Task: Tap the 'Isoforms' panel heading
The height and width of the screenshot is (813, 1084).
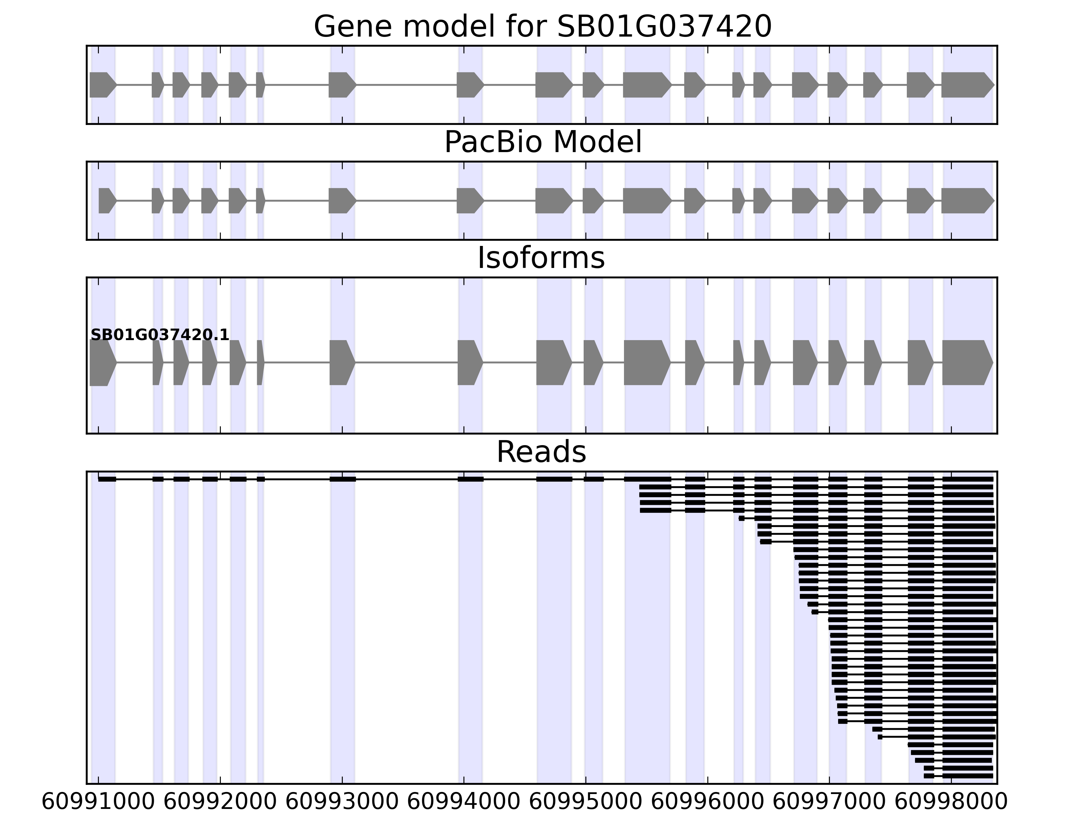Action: pyautogui.click(x=541, y=258)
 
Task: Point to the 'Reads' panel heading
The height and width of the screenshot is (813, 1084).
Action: pyautogui.click(x=541, y=452)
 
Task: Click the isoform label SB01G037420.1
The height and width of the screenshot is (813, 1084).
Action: pyautogui.click(x=160, y=335)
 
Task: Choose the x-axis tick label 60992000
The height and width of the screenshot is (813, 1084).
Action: pyautogui.click(x=220, y=802)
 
